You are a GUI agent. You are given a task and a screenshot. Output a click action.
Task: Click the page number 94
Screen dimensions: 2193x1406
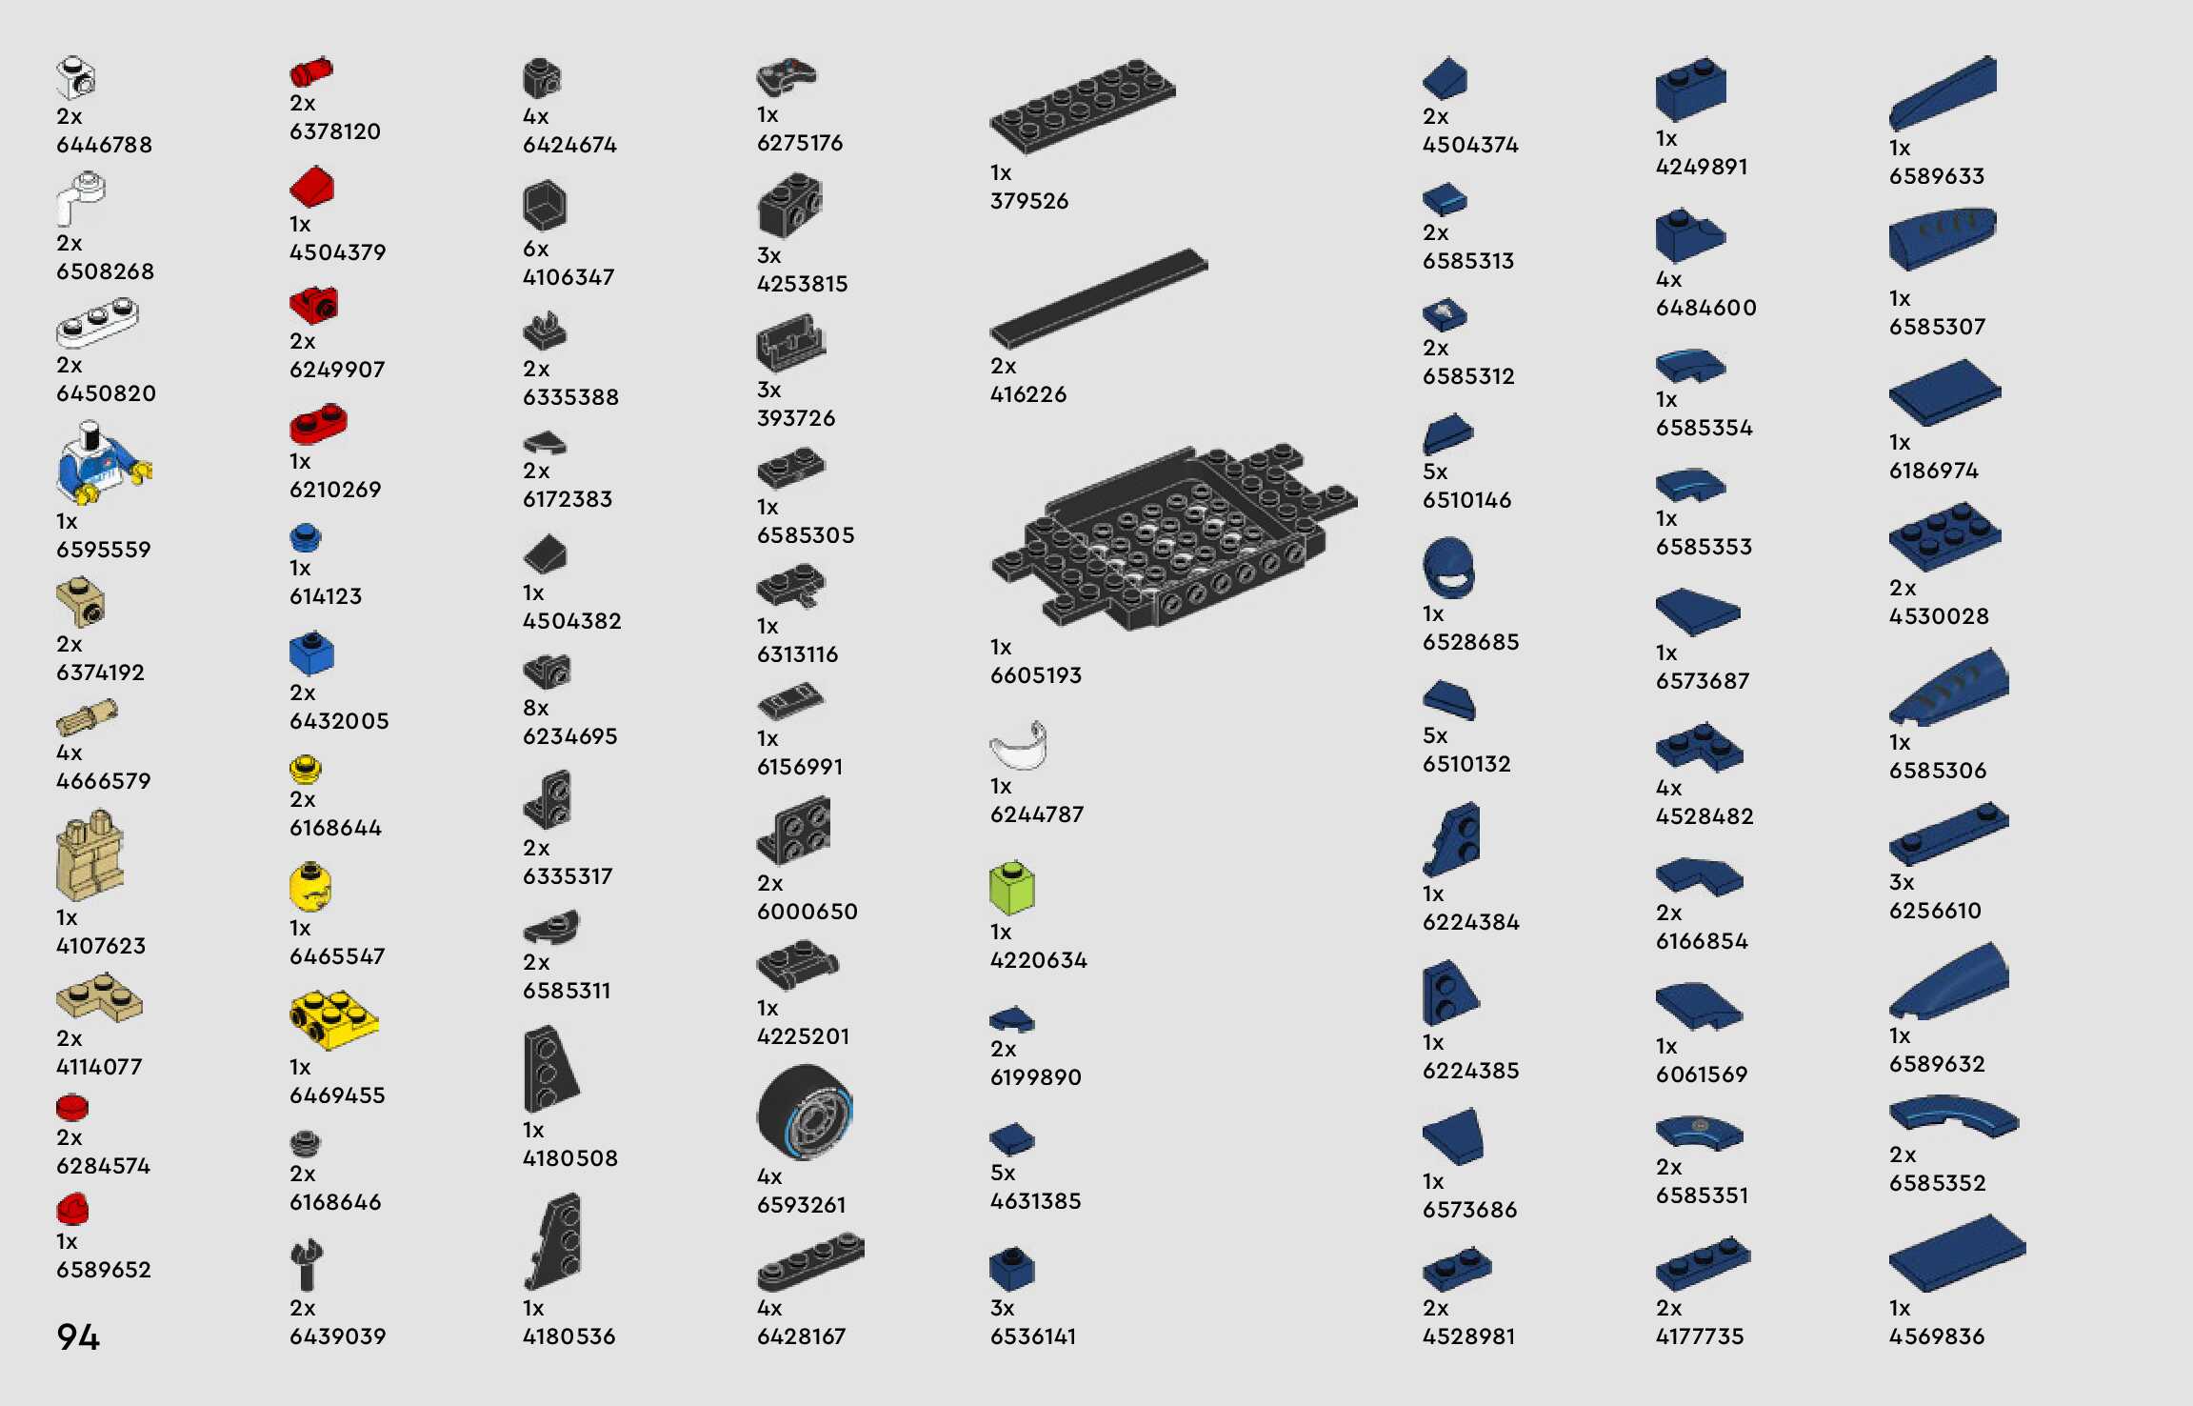click(78, 1336)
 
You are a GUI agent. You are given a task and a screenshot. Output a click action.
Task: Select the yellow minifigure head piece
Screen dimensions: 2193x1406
click(310, 887)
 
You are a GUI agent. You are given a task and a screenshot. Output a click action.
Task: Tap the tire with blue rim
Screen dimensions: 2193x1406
click(805, 1113)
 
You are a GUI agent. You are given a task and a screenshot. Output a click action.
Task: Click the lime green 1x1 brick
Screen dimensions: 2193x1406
click(1011, 888)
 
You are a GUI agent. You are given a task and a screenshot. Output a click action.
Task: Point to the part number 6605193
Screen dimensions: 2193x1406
click(1036, 675)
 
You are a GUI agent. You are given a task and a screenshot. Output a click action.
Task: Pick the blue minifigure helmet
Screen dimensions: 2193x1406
click(1448, 568)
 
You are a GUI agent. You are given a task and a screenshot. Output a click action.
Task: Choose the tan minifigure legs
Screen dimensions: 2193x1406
click(90, 855)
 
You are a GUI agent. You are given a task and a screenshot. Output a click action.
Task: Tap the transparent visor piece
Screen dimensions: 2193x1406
click(1019, 746)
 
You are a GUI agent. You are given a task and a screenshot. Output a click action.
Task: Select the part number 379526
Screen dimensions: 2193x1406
click(1029, 201)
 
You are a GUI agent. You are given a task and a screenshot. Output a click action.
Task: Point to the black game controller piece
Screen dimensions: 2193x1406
click(787, 74)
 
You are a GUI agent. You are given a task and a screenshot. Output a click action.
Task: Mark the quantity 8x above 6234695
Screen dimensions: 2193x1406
click(536, 708)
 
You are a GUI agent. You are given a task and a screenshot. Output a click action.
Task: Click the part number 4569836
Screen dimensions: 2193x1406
click(1937, 1336)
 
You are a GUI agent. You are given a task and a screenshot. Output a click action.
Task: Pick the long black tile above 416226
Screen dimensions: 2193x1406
click(1098, 298)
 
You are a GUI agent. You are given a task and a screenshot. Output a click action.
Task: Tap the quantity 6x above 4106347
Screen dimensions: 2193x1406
click(536, 249)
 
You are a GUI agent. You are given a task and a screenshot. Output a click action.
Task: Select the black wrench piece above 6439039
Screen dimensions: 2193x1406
click(307, 1264)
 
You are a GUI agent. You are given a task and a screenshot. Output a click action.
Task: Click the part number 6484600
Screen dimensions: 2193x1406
click(1705, 308)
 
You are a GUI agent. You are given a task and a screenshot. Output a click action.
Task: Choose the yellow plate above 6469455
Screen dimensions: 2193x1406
click(333, 1018)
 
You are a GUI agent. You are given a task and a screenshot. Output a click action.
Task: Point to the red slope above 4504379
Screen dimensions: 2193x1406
click(312, 187)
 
